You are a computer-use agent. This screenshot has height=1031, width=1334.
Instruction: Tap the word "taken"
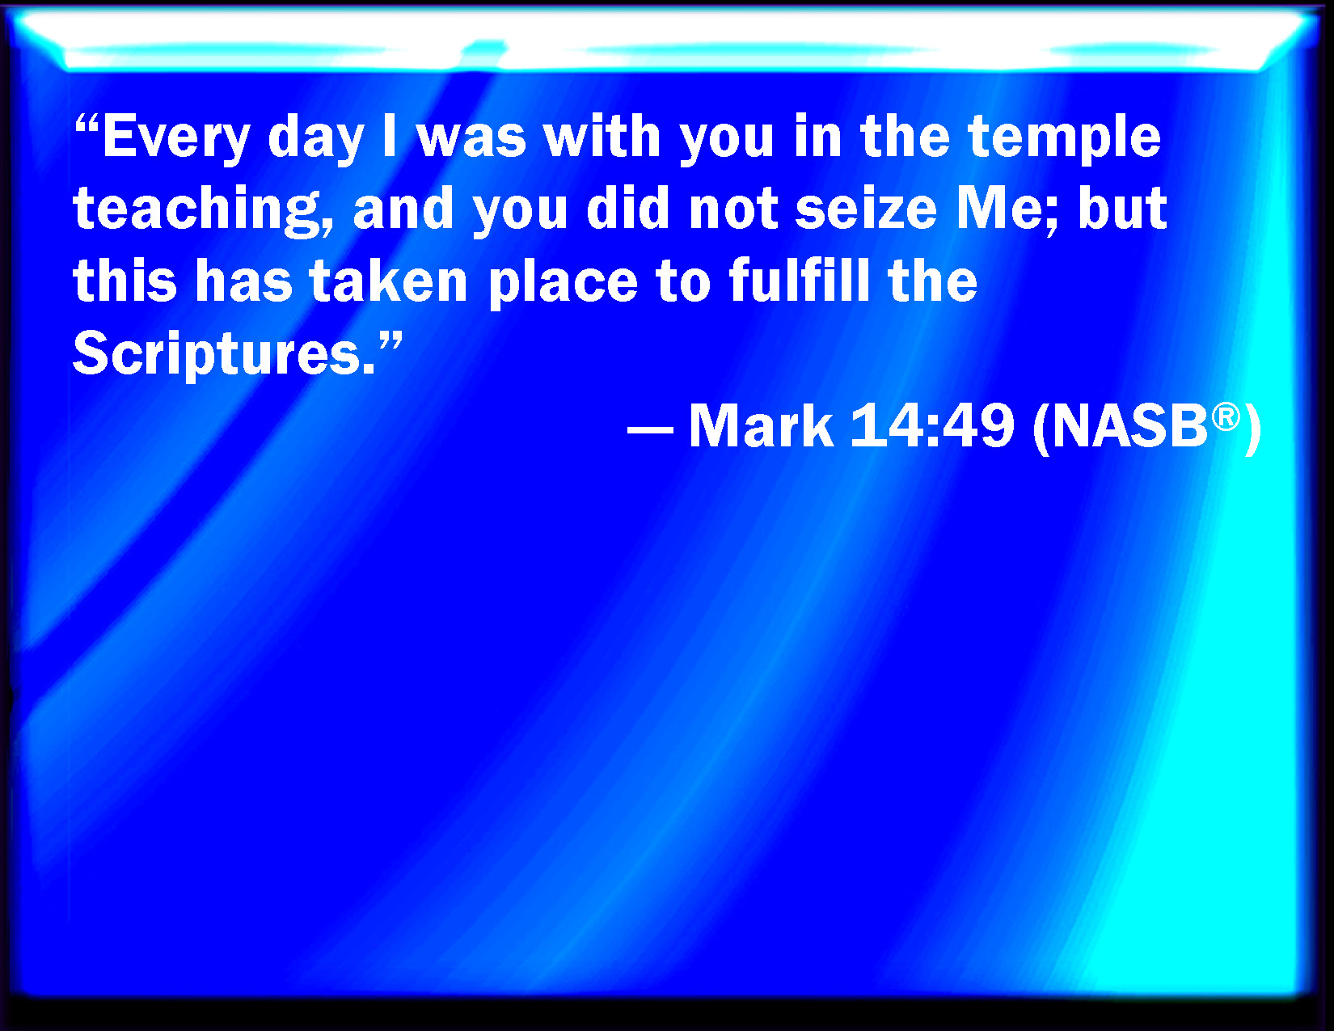(389, 281)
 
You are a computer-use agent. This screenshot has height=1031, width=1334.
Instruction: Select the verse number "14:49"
(932, 426)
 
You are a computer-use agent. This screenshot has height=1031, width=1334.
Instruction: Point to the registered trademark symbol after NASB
(1226, 417)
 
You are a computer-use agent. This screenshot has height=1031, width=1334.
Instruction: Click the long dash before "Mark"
(650, 429)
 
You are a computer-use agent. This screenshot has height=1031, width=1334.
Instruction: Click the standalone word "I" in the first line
(389, 136)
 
